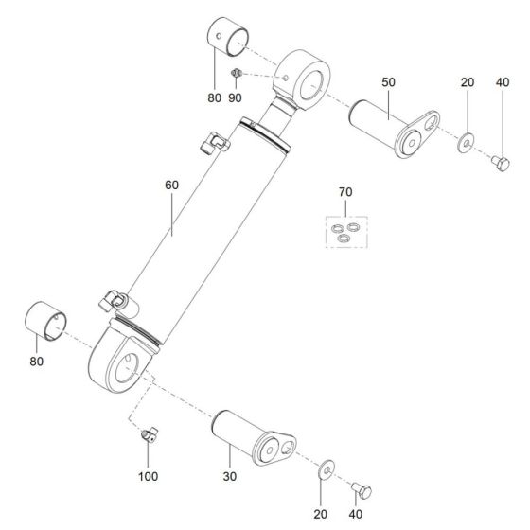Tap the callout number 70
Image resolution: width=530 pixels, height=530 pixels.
click(345, 194)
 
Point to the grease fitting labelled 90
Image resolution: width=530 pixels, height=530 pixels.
click(237, 73)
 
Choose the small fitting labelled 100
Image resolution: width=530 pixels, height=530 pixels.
click(148, 434)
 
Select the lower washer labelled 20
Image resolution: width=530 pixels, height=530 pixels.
click(327, 468)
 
